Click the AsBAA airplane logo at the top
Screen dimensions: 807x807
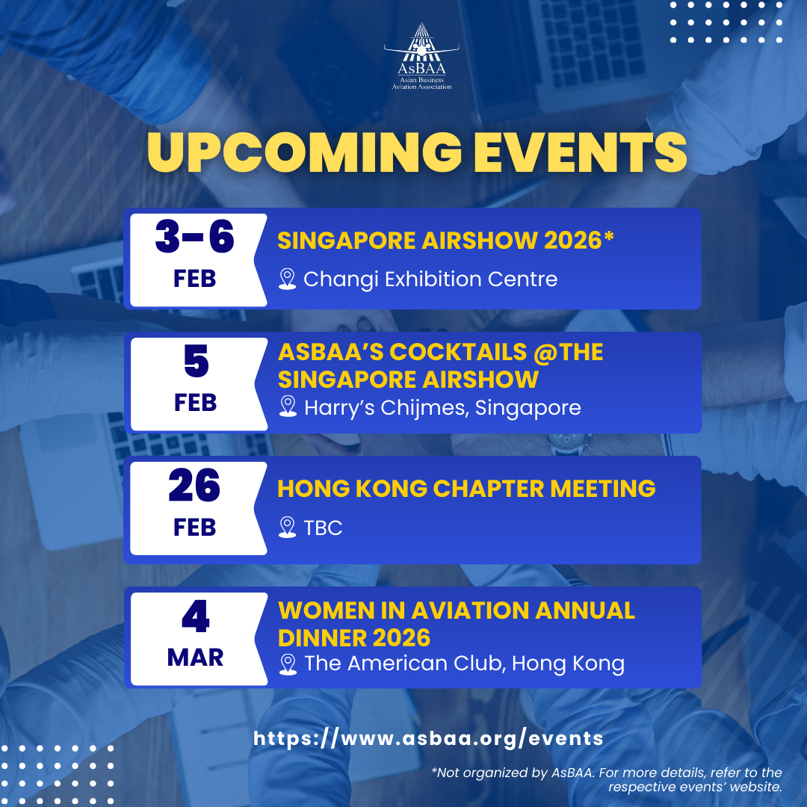pos(421,56)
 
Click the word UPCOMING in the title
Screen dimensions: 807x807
pos(305,152)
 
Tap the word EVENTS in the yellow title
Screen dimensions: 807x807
pos(580,152)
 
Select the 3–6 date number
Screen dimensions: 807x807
pos(194,237)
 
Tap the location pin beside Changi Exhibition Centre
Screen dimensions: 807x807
pos(287,279)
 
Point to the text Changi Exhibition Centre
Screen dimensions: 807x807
pos(430,279)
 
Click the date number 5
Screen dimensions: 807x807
pos(196,361)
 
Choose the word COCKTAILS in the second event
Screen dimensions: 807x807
pos(458,352)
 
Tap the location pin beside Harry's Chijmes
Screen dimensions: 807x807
pos(288,406)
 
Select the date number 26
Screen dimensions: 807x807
pos(194,485)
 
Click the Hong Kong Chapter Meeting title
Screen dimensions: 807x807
pos(466,489)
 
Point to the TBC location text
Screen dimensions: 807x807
pos(323,528)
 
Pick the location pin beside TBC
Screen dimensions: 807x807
pos(287,528)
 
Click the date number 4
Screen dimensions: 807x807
pos(196,616)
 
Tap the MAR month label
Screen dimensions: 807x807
pos(196,658)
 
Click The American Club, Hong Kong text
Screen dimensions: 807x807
pos(464,664)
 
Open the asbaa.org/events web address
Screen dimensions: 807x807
pos(428,738)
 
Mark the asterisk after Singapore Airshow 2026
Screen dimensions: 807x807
pos(609,237)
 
